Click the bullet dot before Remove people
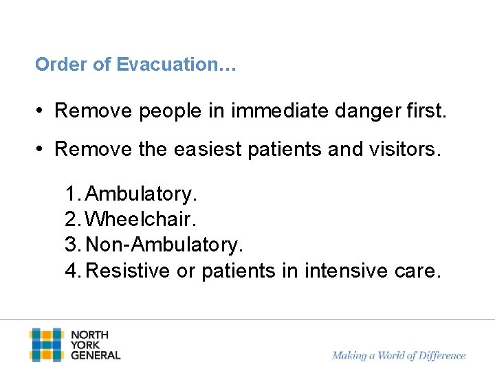[41, 111]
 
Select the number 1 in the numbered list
[71, 194]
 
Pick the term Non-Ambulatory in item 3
[165, 245]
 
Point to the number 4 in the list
[71, 271]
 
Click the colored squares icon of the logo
[46, 345]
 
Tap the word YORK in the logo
[86, 345]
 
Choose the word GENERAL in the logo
[96, 355]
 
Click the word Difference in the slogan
[439, 355]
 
